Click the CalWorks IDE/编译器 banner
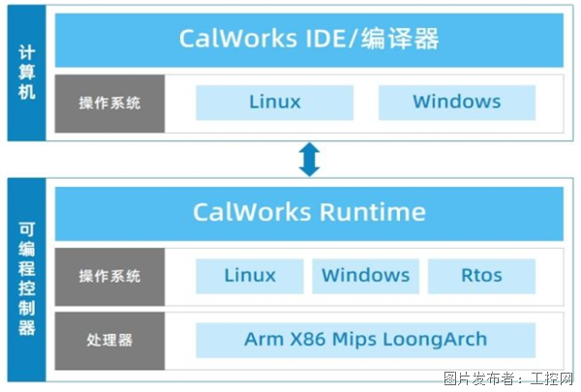pyautogui.click(x=309, y=40)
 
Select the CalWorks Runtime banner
pyautogui.click(x=309, y=212)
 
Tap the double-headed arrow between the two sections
pyautogui.click(x=309, y=159)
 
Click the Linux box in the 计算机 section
pyautogui.click(x=274, y=102)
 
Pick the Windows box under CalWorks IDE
pyautogui.click(x=456, y=102)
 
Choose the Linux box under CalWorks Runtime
pyautogui.click(x=250, y=276)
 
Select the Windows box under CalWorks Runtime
pyautogui.click(x=365, y=276)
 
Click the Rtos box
pyautogui.click(x=481, y=276)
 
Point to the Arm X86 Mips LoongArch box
pyautogui.click(x=365, y=340)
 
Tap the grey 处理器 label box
pyautogui.click(x=109, y=340)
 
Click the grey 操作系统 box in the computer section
pyautogui.click(x=109, y=103)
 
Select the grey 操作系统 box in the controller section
pyautogui.click(x=109, y=276)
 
